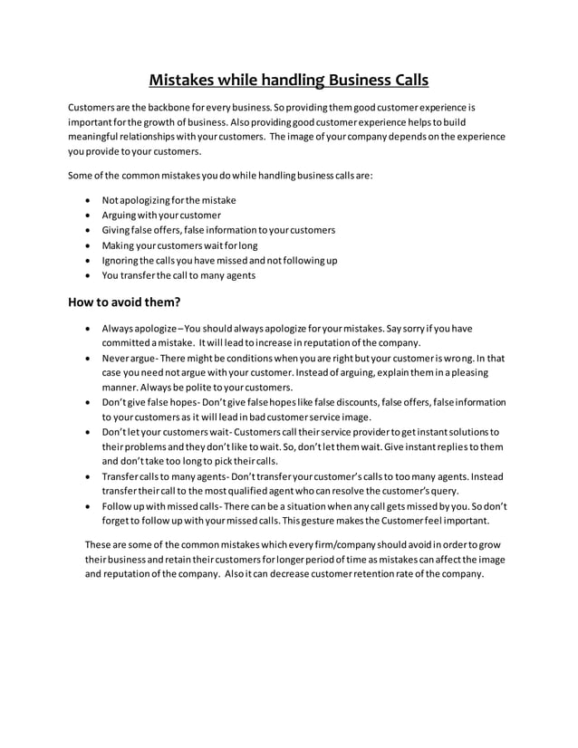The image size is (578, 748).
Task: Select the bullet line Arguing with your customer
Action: tap(161, 215)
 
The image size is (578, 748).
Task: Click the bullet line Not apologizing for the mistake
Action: tap(169, 199)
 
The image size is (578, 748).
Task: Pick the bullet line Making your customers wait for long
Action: tap(179, 245)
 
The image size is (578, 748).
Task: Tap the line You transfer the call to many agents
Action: tap(178, 274)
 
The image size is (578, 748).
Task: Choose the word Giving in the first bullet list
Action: tap(117, 230)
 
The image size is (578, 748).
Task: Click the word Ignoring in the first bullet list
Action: tap(121, 260)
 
